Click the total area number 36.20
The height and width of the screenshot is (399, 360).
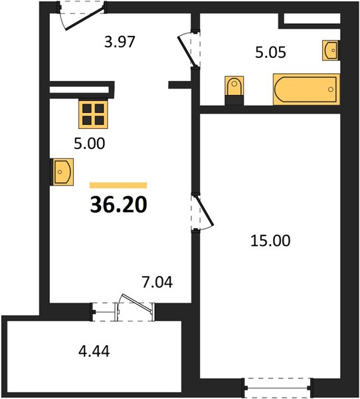118,205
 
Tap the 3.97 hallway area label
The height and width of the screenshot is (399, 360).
120,42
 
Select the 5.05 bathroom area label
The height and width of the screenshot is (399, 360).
270,52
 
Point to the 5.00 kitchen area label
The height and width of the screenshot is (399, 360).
89,143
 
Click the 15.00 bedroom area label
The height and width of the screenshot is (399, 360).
270,241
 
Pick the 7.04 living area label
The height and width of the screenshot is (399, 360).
157,282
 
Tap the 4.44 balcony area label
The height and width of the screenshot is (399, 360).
94,351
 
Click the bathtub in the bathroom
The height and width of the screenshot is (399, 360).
306,89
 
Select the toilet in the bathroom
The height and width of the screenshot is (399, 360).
234,90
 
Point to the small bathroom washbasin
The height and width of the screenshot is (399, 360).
331,50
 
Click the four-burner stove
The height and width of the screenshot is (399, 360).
93,114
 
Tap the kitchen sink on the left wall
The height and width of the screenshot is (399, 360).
62,172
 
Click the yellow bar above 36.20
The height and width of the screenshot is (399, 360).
118,186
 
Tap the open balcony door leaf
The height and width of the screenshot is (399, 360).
137,303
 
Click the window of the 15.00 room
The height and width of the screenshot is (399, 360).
278,388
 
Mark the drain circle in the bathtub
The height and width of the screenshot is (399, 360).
331,89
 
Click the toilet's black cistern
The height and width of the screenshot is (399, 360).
234,100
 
